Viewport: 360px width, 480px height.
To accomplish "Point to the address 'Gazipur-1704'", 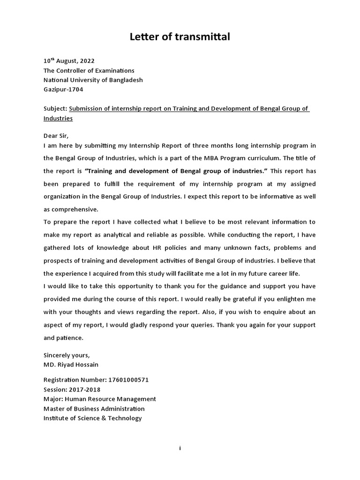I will coord(63,90).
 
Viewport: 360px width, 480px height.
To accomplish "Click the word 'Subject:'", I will coord(55,109).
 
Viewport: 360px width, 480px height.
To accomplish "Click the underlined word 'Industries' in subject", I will coord(58,119).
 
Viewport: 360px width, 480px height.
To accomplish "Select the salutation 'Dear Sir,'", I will coord(56,136).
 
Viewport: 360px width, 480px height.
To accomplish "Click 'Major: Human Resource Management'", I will coord(100,399).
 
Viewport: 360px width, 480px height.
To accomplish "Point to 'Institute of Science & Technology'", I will coord(92,418).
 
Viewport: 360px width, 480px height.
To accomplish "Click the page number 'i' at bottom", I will coord(180,449).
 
